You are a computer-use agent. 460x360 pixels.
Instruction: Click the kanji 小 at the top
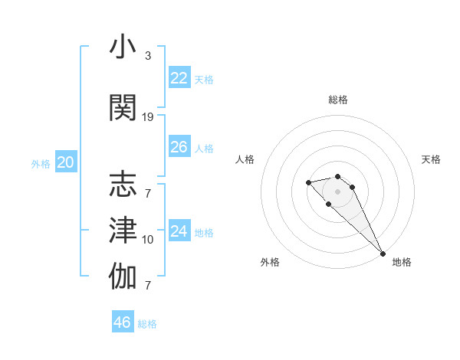click(x=123, y=47)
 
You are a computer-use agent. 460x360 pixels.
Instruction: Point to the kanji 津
click(x=123, y=231)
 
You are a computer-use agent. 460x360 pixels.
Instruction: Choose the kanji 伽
click(x=123, y=277)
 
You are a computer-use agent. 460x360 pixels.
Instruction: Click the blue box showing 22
click(x=179, y=78)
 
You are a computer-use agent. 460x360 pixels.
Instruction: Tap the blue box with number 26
click(x=179, y=147)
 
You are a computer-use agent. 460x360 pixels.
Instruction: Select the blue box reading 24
click(x=179, y=231)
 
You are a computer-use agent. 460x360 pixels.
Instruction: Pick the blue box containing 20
click(x=66, y=162)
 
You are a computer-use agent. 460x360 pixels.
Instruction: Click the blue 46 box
click(x=123, y=322)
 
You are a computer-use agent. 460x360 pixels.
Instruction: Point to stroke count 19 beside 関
click(x=148, y=117)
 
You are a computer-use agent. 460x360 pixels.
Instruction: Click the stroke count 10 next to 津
click(x=148, y=240)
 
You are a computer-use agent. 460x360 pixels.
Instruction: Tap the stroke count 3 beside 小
click(x=148, y=56)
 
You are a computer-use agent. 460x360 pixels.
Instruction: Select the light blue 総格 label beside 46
click(x=147, y=324)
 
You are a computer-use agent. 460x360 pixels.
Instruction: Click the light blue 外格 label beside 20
click(x=41, y=164)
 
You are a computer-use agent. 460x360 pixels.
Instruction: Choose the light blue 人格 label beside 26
click(x=204, y=149)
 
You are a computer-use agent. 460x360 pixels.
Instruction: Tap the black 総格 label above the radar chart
click(x=338, y=100)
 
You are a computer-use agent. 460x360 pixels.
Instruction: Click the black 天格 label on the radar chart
click(x=432, y=159)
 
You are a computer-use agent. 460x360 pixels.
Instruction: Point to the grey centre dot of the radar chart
click(x=338, y=191)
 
